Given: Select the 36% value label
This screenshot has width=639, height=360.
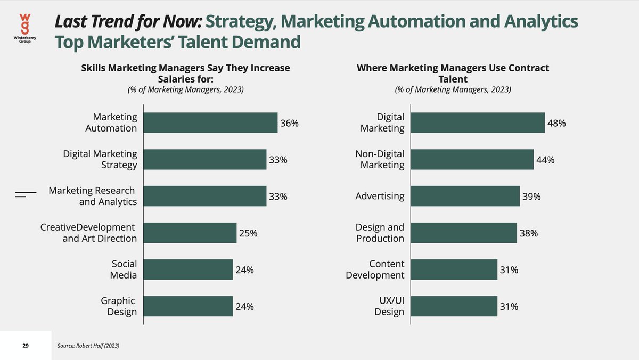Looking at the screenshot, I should coord(290,123).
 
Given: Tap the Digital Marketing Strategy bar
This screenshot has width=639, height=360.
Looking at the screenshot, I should coord(205,159).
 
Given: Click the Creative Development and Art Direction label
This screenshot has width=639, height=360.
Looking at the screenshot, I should coord(88,233).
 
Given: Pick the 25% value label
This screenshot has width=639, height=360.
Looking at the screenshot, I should coord(248,233).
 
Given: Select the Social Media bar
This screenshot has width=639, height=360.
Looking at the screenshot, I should coord(189,269).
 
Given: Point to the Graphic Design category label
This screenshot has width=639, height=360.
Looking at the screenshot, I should coord(119,306).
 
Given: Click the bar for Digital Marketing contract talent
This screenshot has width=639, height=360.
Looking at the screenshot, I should coord(478,122).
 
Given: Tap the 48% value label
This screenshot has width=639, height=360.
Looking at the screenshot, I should coord(556,123).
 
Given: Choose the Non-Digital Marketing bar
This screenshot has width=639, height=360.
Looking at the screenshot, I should coord(472,159).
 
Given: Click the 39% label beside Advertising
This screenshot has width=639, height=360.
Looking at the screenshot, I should coord(531,197).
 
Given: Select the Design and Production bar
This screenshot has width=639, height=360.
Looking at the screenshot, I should coord(463,233).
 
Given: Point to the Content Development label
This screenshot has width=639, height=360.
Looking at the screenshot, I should coord(375,269).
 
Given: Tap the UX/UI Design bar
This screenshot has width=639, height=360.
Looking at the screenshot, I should coord(454,306).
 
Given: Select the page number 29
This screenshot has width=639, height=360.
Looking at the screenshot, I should coord(26,346).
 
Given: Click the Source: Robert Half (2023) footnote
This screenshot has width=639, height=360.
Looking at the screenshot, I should coord(88,346).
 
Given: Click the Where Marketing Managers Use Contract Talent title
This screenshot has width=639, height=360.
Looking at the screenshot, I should coord(453,73).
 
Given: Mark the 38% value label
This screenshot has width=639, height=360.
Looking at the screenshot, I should coord(529,233).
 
